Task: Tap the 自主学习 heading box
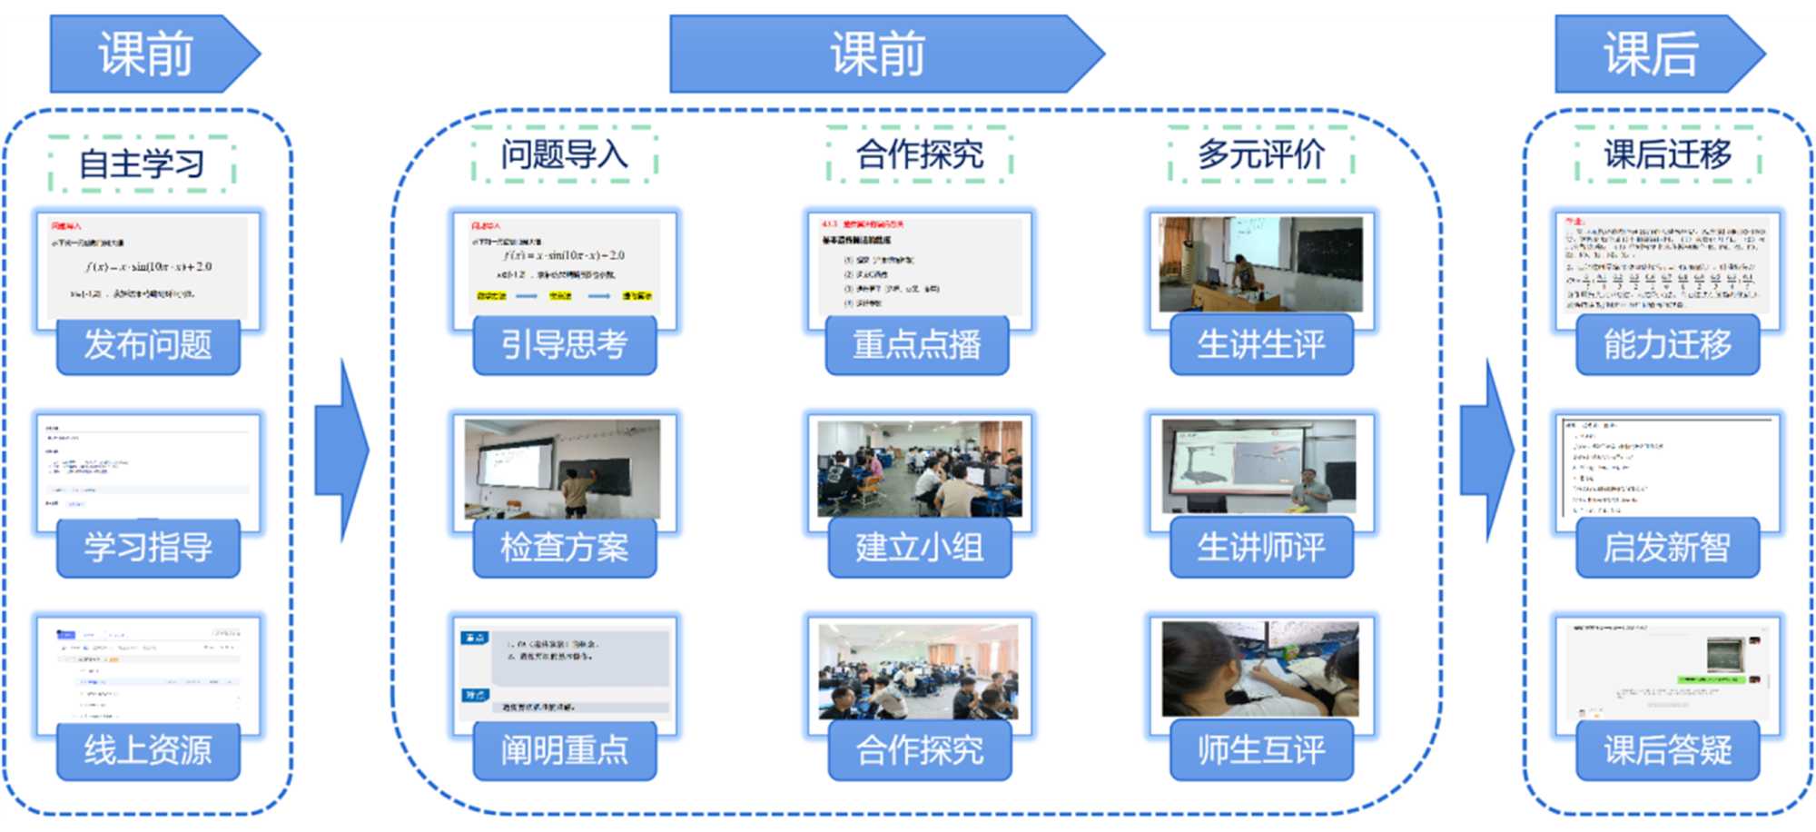pos(143,164)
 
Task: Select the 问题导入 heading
pos(564,154)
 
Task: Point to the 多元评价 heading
pos(1260,154)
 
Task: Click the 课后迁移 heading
pos(1667,154)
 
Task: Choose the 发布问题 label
pos(148,345)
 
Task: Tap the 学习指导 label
pos(148,548)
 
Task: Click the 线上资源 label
pos(148,750)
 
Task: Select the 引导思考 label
pos(564,345)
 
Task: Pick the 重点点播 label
pos(917,345)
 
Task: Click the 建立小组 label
pos(919,548)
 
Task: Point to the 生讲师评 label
pos(1260,548)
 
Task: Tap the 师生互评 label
pos(1260,750)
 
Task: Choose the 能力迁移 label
pos(1667,345)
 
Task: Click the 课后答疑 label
pos(1667,750)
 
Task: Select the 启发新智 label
pos(1667,548)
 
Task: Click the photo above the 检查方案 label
pos(563,468)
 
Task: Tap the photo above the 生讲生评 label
pos(1260,264)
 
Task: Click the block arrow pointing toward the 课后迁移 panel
pos(1486,450)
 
